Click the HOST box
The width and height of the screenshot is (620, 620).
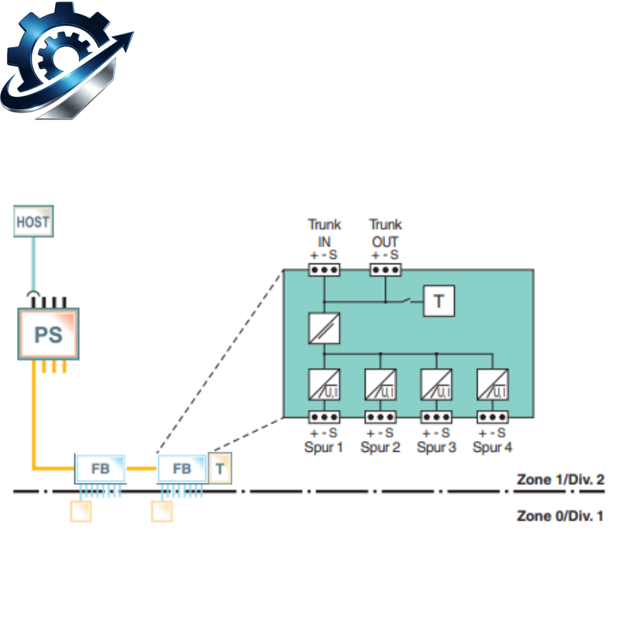pyautogui.click(x=33, y=221)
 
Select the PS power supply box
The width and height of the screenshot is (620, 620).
pyautogui.click(x=48, y=334)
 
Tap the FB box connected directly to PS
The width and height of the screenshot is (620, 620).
pyautogui.click(x=100, y=469)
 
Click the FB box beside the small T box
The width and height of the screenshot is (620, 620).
pyautogui.click(x=182, y=469)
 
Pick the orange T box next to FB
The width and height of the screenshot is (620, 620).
pyautogui.click(x=220, y=469)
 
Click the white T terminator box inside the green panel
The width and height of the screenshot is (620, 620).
pyautogui.click(x=439, y=301)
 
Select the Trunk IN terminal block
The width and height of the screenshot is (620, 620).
pyautogui.click(x=324, y=270)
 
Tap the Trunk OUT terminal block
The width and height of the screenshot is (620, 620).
pyautogui.click(x=385, y=270)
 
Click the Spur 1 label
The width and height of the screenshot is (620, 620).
pyautogui.click(x=323, y=447)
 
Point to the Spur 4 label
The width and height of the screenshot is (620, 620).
pyautogui.click(x=492, y=447)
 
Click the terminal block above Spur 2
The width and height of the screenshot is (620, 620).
pyautogui.click(x=380, y=417)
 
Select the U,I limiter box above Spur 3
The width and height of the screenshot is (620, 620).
pyautogui.click(x=436, y=384)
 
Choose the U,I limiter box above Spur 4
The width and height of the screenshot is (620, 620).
pyautogui.click(x=492, y=384)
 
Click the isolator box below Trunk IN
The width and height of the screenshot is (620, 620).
pyautogui.click(x=324, y=328)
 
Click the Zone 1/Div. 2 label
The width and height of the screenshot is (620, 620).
pyautogui.click(x=560, y=479)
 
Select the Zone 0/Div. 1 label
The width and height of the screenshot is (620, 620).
pyautogui.click(x=560, y=515)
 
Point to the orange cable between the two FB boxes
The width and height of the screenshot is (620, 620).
pyautogui.click(x=142, y=469)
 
